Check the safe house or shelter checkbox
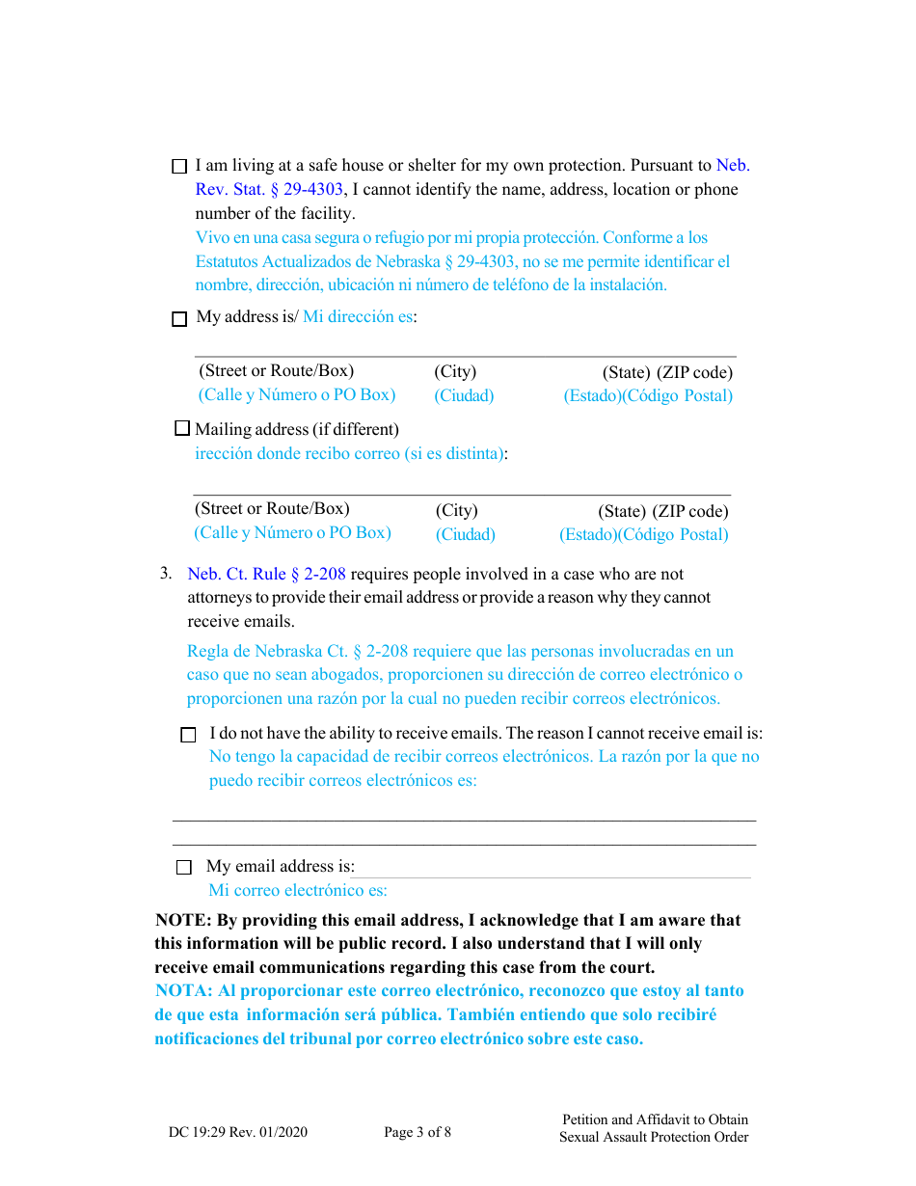(179, 167)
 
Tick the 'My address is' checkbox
(179, 320)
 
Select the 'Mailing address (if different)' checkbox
(182, 428)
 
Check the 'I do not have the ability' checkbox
(188, 735)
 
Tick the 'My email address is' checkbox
(184, 868)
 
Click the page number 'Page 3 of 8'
(417, 1132)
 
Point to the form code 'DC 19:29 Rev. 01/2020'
(238, 1132)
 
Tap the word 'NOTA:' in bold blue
(184, 991)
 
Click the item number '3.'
(166, 574)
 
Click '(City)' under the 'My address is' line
(455, 372)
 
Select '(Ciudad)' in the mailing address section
(465, 534)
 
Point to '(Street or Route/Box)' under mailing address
(272, 509)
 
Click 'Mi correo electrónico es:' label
(298, 891)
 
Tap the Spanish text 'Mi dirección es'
(358, 317)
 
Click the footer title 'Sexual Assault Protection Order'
(654, 1137)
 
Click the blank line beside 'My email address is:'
(554, 868)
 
